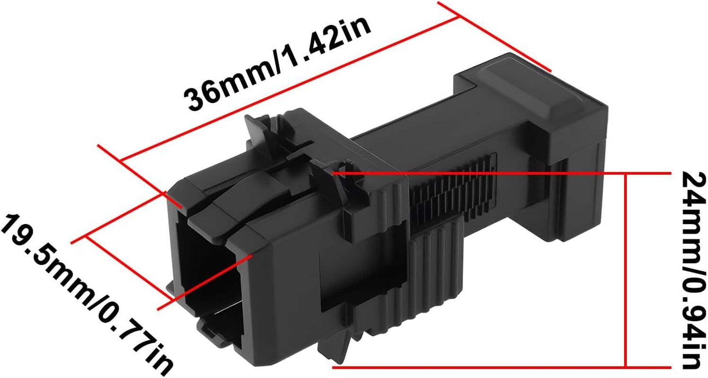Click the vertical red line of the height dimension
point(626,269)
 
